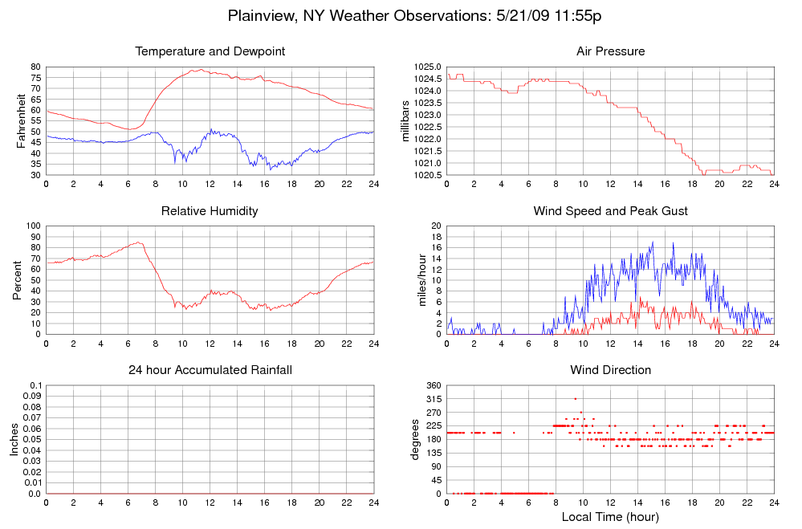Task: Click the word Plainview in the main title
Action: point(263,16)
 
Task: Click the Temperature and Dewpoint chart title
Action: point(210,51)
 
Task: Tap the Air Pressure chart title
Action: point(610,51)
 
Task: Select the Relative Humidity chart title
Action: point(210,211)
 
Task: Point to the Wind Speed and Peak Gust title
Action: point(610,211)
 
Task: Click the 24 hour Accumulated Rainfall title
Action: point(210,370)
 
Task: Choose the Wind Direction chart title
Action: point(610,370)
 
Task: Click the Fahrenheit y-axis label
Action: point(22,121)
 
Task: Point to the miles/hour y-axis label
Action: point(416,280)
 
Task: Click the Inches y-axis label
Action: point(14,439)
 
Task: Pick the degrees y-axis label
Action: point(416,439)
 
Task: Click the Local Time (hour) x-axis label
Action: point(610,516)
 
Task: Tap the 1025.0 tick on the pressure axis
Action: point(428,67)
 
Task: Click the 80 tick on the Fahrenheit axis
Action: point(35,67)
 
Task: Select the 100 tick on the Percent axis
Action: point(32,226)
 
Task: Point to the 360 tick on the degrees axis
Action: point(432,385)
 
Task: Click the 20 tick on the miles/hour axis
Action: point(435,226)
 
